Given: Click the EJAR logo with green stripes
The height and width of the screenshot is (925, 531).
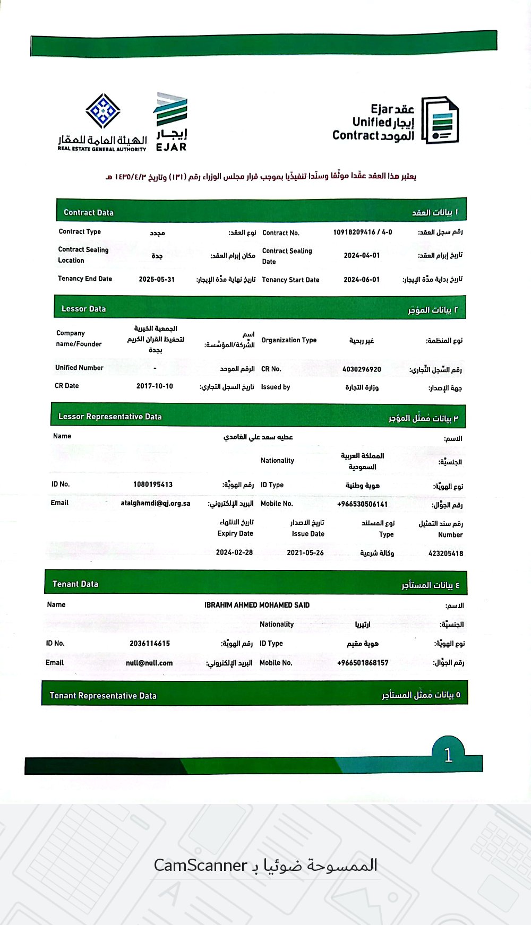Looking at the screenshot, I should [170, 122].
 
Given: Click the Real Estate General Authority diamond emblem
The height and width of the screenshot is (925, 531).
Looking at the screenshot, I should [103, 111].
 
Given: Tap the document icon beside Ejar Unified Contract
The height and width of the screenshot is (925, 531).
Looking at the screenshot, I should [440, 120].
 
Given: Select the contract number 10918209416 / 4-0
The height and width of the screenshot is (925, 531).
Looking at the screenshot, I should [363, 232].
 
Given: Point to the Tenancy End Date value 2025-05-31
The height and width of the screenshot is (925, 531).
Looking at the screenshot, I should [157, 279].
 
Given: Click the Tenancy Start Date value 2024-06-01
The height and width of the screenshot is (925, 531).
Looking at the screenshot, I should [362, 279].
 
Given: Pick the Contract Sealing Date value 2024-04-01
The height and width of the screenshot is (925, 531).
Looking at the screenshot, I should [362, 255].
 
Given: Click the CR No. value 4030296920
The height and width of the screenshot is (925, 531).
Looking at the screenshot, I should [362, 369].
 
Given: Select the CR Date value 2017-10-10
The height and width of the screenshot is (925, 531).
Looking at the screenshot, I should [155, 386].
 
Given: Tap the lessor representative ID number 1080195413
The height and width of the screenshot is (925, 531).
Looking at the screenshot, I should [153, 485].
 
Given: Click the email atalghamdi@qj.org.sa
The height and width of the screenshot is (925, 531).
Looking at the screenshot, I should [156, 503].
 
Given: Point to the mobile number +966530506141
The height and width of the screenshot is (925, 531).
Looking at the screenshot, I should [362, 504].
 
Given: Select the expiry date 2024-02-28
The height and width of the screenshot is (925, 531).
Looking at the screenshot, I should [234, 552].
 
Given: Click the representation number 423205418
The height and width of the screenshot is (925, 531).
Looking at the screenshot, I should [446, 554].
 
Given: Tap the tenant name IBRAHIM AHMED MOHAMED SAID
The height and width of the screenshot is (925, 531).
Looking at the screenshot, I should [257, 605].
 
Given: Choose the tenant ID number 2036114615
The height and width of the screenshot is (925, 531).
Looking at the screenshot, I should [150, 644].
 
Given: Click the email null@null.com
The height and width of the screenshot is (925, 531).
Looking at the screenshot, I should [149, 663].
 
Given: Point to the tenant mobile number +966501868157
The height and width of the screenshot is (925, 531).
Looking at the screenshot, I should [363, 663].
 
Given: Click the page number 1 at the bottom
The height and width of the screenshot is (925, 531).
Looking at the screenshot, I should [448, 755].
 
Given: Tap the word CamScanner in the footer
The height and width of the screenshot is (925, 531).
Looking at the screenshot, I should [201, 866].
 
